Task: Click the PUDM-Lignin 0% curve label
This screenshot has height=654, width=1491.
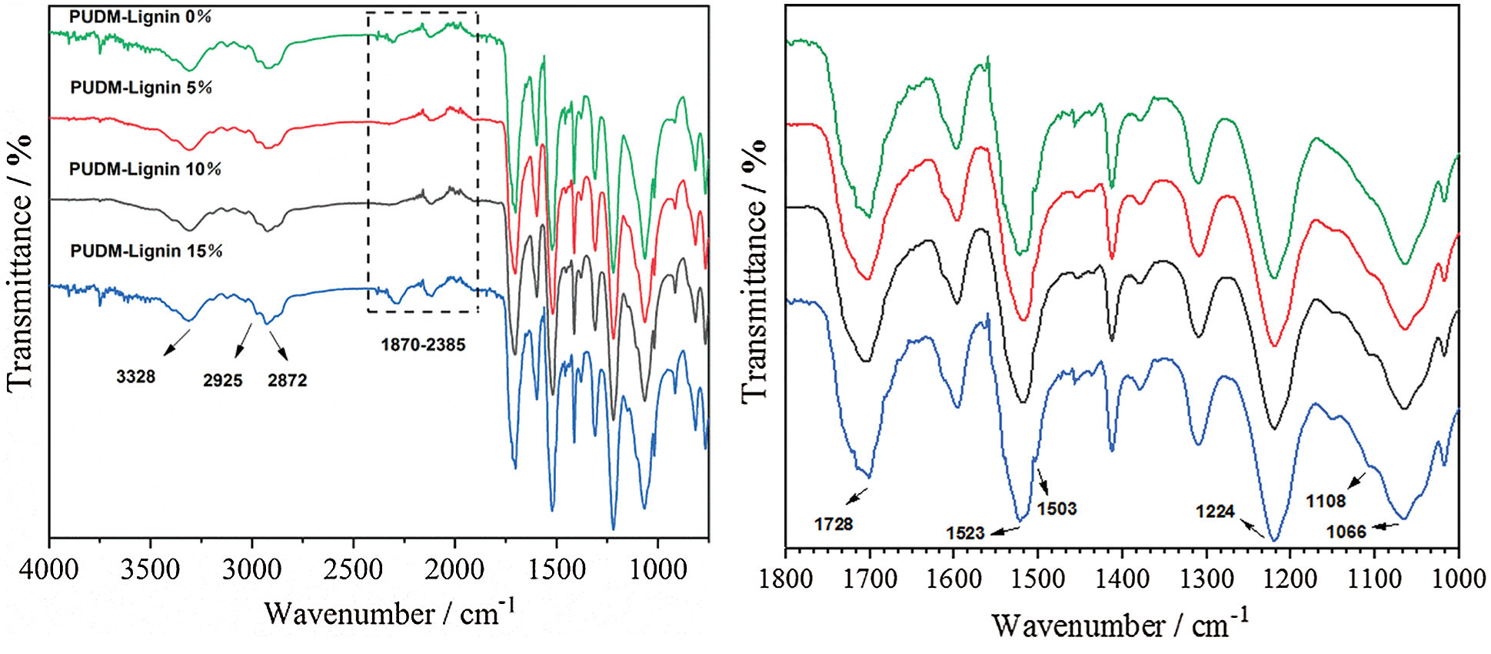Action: point(140,17)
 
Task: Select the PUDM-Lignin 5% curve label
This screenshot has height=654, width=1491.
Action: point(141,88)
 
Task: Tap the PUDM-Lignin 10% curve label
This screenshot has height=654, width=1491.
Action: point(145,169)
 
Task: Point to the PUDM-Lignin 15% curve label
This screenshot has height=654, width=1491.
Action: point(146,252)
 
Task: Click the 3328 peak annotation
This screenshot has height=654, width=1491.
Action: point(136,377)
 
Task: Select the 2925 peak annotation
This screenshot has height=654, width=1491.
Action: point(223,380)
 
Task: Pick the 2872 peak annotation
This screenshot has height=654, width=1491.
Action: point(288,380)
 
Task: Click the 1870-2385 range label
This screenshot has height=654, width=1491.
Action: point(423,345)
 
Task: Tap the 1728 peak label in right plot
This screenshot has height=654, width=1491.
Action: point(834,524)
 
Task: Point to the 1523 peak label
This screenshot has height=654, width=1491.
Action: point(965,533)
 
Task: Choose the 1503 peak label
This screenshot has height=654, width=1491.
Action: point(1057,509)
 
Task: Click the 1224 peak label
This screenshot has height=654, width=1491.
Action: point(1215,512)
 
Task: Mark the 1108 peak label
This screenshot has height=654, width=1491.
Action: point(1326,502)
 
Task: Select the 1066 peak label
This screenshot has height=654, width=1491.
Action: point(1346,532)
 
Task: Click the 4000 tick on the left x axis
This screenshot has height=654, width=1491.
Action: point(50,570)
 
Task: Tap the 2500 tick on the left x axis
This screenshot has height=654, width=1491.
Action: point(354,570)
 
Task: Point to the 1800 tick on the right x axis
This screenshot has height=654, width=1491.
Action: point(786,579)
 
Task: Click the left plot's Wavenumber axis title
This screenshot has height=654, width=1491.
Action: point(389,613)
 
